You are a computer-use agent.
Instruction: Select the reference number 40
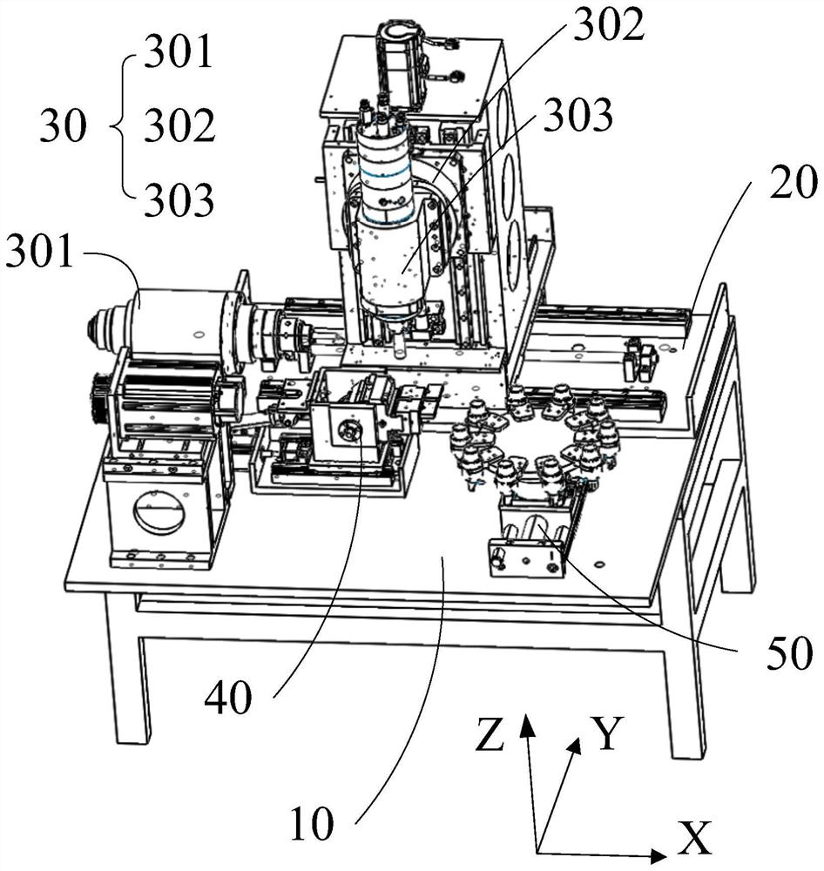click(x=228, y=698)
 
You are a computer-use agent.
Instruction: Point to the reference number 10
click(x=312, y=823)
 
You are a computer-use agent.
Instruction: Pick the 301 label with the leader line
click(x=39, y=252)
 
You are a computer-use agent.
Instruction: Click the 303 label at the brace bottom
click(x=179, y=199)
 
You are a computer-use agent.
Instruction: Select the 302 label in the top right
click(x=608, y=25)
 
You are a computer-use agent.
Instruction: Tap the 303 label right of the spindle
click(x=577, y=116)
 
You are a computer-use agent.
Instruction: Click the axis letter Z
click(x=490, y=733)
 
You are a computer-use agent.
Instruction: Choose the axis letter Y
click(x=607, y=733)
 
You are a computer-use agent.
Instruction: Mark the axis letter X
click(x=694, y=838)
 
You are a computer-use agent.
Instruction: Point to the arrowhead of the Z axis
click(x=527, y=725)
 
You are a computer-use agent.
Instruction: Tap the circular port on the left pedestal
click(x=160, y=512)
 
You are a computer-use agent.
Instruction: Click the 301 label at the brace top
click(x=179, y=51)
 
